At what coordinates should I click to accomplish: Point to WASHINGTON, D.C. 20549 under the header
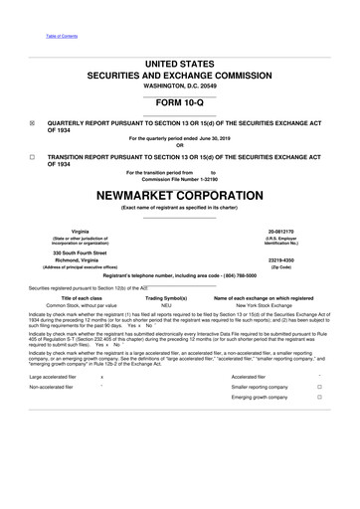(179, 87)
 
